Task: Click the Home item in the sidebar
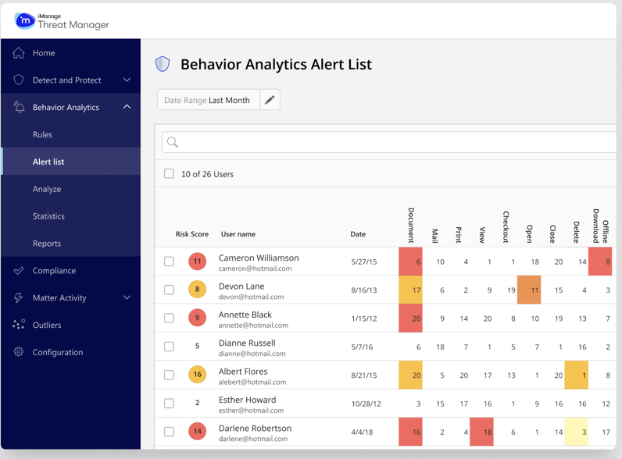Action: pyautogui.click(x=44, y=53)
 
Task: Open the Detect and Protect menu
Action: pyautogui.click(x=67, y=80)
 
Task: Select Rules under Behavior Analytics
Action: pyautogui.click(x=43, y=134)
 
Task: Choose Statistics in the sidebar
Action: pyautogui.click(x=48, y=216)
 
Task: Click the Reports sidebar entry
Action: pyautogui.click(x=47, y=244)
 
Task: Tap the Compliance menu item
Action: pyautogui.click(x=54, y=271)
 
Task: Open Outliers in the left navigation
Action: pyautogui.click(x=47, y=325)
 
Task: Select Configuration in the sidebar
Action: pyautogui.click(x=58, y=352)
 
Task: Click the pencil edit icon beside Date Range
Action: pyautogui.click(x=270, y=100)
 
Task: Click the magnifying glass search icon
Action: pyautogui.click(x=173, y=142)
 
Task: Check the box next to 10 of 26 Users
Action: pyautogui.click(x=169, y=174)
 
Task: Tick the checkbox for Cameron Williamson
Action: pyautogui.click(x=169, y=262)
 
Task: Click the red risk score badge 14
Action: pyautogui.click(x=197, y=432)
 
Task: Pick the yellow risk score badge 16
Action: pyautogui.click(x=197, y=375)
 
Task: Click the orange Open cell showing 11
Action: pyautogui.click(x=529, y=290)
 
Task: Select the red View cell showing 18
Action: pyautogui.click(x=481, y=432)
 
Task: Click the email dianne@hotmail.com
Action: pyautogui.click(x=247, y=354)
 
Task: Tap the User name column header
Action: pyautogui.click(x=238, y=234)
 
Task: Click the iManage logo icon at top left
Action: pyautogui.click(x=24, y=21)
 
